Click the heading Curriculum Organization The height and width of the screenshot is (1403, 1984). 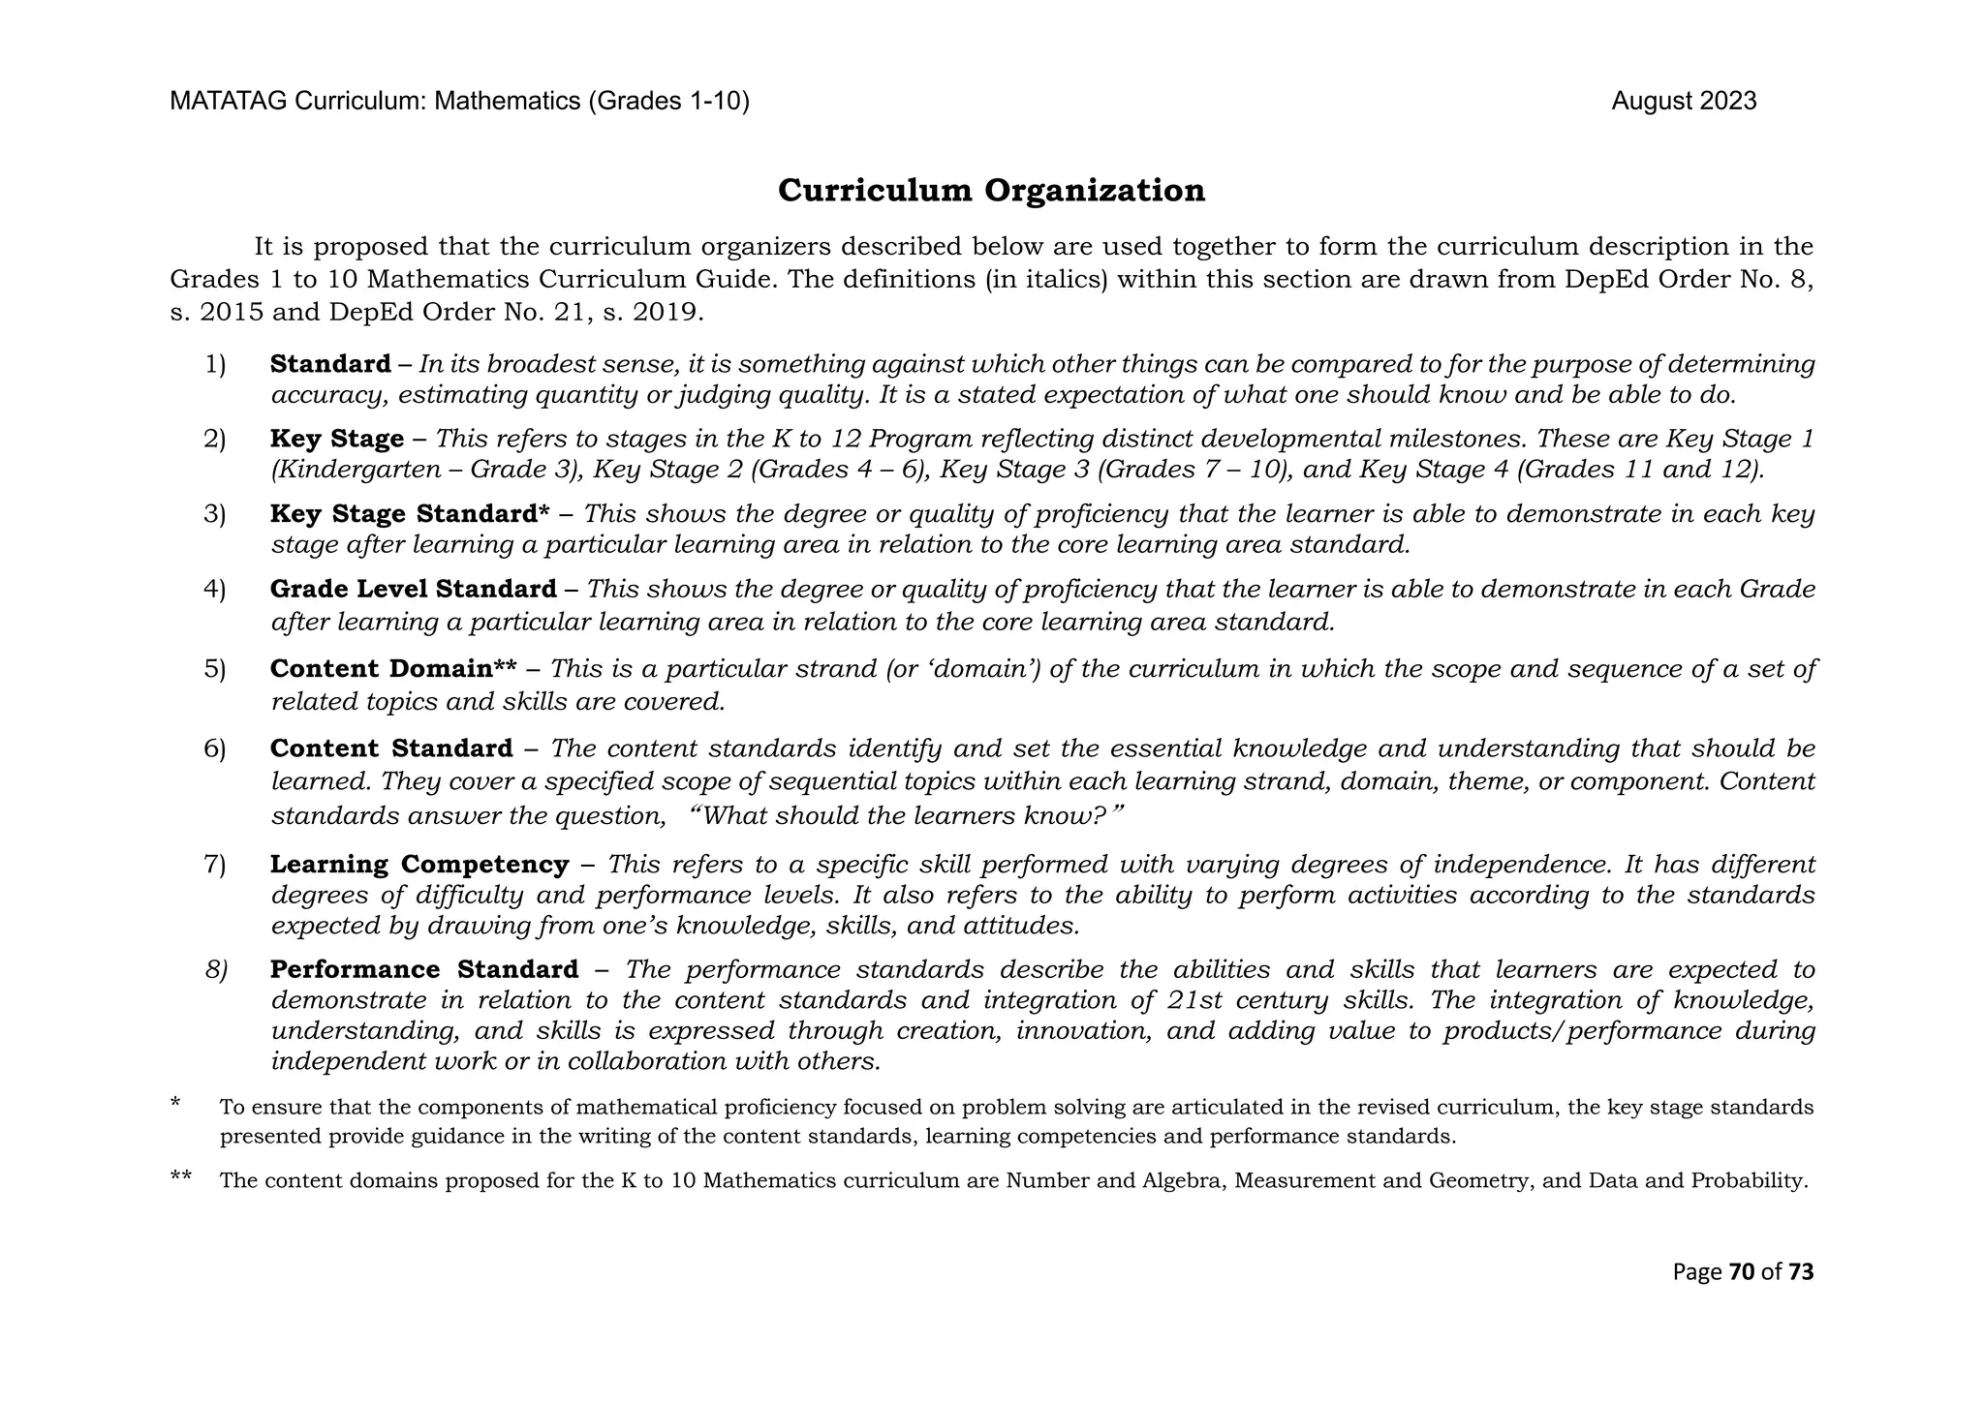point(991,191)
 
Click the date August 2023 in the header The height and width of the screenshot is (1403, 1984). point(1684,102)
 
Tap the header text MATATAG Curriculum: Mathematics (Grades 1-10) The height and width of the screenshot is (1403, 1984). point(459,102)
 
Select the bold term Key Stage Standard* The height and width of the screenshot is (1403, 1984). point(410,514)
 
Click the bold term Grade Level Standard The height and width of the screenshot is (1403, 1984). point(414,589)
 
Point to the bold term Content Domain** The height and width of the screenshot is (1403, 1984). point(393,669)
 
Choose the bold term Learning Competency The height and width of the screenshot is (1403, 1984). point(419,864)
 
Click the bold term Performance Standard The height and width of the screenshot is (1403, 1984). point(424,969)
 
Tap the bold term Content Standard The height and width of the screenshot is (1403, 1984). point(391,748)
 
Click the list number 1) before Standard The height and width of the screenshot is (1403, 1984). point(214,365)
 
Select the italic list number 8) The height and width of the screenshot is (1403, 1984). point(216,969)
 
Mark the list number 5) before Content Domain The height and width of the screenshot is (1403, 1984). point(214,669)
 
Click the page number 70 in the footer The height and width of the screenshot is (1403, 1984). point(1741,1271)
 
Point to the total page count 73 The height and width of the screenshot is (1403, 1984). point(1800,1271)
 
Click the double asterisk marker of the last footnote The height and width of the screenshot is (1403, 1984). point(180,1177)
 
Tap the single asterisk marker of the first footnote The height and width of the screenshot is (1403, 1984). point(175,1103)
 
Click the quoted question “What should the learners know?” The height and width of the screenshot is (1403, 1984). point(907,815)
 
